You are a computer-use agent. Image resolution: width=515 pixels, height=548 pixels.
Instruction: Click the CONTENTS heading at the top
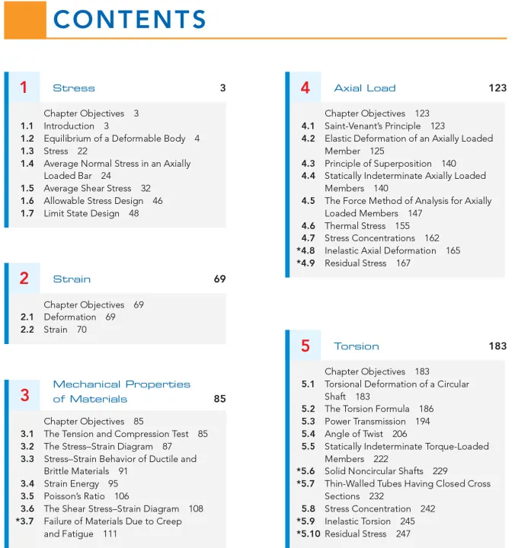[x=130, y=20]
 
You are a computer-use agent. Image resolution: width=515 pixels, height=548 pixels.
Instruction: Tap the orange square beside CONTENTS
[x=25, y=20]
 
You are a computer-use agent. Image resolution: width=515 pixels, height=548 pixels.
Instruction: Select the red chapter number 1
[x=24, y=88]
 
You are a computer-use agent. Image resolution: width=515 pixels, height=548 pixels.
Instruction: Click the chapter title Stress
[x=74, y=88]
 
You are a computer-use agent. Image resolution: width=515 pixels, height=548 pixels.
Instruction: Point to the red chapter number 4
[x=305, y=88]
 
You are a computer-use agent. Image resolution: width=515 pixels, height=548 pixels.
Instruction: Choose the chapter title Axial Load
[x=365, y=88]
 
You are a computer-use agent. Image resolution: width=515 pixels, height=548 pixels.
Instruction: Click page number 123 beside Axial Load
[x=497, y=88]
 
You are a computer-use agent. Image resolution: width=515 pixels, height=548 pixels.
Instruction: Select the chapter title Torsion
[x=356, y=346]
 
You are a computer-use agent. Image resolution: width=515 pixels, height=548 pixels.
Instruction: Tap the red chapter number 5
[x=305, y=346]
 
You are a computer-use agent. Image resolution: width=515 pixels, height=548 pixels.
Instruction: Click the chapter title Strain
[x=72, y=279]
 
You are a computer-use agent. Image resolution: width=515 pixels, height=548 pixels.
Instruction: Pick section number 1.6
[x=27, y=201]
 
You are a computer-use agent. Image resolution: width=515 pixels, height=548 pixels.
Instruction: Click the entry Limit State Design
[x=82, y=214]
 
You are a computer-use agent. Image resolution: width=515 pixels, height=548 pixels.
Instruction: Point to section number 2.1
[x=27, y=317]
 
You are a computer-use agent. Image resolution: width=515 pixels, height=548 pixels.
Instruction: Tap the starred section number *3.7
[x=24, y=521]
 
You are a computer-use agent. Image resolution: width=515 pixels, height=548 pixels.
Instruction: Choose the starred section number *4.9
[x=305, y=263]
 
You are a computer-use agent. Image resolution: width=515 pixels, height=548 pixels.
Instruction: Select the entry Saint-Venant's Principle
[x=373, y=126]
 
